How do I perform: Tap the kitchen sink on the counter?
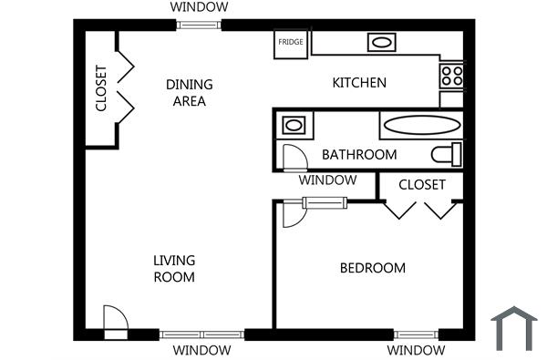(x=380, y=42)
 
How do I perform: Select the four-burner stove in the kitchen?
(x=451, y=74)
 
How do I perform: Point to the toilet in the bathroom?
(x=447, y=153)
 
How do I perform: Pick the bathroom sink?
(x=294, y=125)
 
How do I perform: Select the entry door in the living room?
(x=116, y=320)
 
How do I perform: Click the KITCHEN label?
(x=358, y=83)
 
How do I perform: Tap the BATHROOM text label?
(x=359, y=155)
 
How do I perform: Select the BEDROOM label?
(x=372, y=268)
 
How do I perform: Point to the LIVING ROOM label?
(x=173, y=269)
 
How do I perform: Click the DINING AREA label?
(x=189, y=93)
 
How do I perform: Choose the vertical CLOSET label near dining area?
(x=101, y=89)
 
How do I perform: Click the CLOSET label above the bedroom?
(x=421, y=185)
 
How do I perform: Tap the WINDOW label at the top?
(x=200, y=7)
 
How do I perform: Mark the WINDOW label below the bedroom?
(x=416, y=351)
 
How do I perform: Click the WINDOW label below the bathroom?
(x=327, y=180)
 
